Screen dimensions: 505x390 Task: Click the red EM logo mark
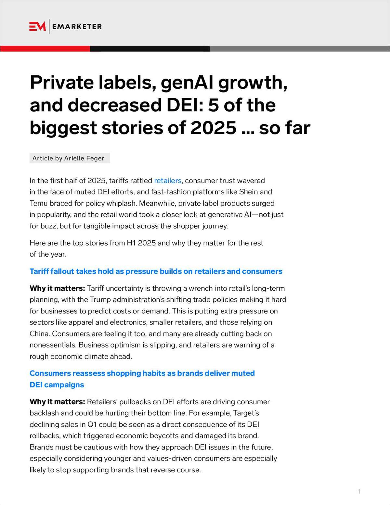[37, 26]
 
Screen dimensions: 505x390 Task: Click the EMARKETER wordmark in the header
[77, 27]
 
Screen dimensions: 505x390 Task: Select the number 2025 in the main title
[213, 128]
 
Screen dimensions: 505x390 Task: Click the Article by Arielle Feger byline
[69, 158]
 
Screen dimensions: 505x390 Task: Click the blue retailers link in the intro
[168, 181]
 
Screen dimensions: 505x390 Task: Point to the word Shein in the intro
[249, 192]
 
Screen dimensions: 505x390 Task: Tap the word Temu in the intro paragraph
[39, 203]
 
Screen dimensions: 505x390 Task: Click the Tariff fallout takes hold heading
[156, 271]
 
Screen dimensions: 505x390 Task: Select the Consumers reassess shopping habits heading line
[142, 373]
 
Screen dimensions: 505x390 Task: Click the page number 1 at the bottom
[359, 491]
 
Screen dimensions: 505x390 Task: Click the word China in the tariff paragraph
[39, 334]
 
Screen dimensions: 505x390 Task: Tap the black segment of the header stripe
[149, 49]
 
